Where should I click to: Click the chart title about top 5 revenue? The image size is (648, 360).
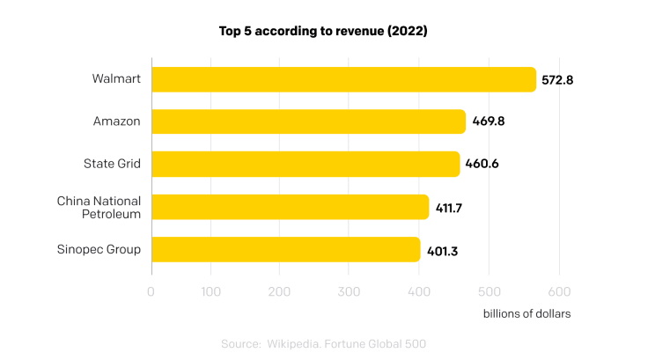323,31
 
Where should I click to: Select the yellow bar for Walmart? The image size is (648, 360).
343,79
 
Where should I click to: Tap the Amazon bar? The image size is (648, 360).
308,121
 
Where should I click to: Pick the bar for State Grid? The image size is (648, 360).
306,164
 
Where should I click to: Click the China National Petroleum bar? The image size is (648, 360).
290,207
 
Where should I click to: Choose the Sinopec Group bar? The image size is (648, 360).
285,249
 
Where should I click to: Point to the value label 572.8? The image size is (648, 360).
557,80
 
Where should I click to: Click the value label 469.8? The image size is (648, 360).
487,122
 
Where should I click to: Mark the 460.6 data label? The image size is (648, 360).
481,165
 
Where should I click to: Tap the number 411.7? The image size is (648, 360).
449,208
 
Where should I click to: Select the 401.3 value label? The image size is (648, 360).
441,250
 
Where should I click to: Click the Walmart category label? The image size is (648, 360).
116,79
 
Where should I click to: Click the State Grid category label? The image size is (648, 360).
112,164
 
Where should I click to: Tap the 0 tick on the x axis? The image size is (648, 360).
151,291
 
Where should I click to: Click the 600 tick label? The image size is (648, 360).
559,291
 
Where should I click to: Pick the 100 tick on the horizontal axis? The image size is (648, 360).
210,291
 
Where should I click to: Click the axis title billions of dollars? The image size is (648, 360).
526,313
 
